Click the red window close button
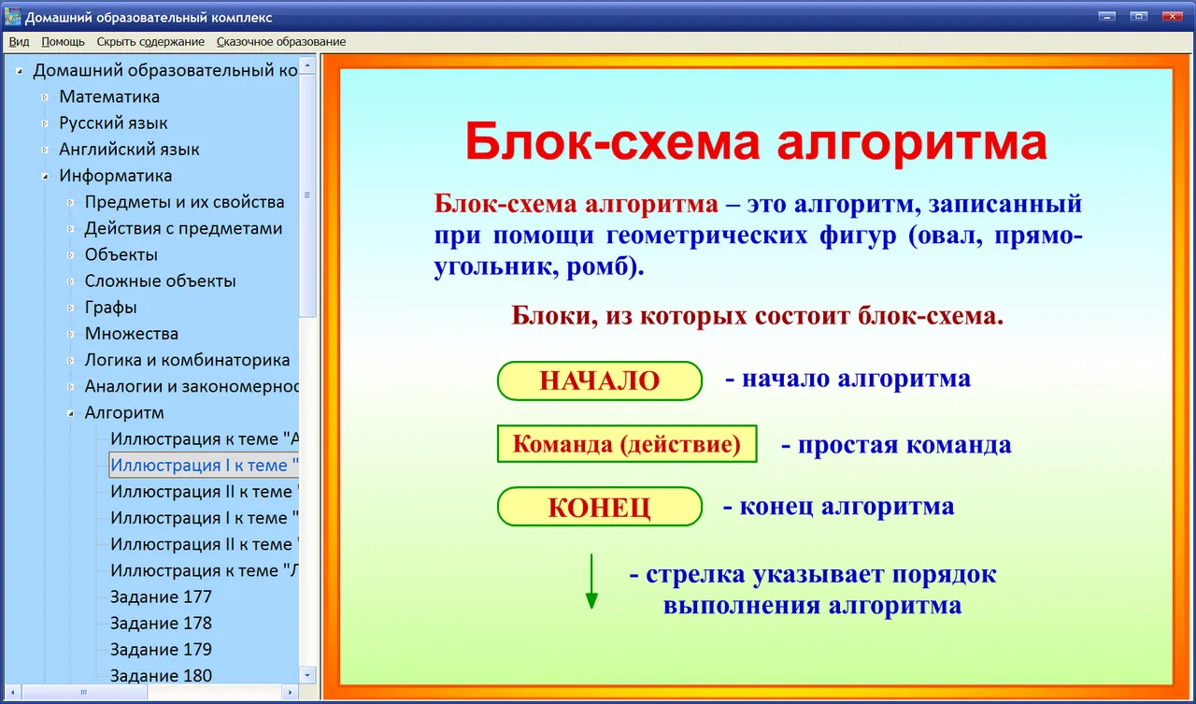click(1172, 17)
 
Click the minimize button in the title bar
click(1107, 17)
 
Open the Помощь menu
click(63, 42)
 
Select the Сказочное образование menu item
click(281, 42)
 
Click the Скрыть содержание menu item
click(150, 42)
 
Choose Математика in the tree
click(109, 96)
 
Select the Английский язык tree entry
click(129, 149)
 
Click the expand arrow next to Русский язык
click(45, 123)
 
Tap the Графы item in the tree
click(110, 308)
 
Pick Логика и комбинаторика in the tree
click(187, 359)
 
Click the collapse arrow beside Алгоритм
click(70, 413)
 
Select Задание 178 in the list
click(161, 623)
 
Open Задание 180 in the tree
click(161, 676)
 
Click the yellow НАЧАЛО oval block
click(600, 381)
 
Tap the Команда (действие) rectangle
click(627, 443)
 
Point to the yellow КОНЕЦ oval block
click(600, 507)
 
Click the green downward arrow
click(591, 582)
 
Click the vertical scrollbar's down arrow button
click(307, 675)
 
